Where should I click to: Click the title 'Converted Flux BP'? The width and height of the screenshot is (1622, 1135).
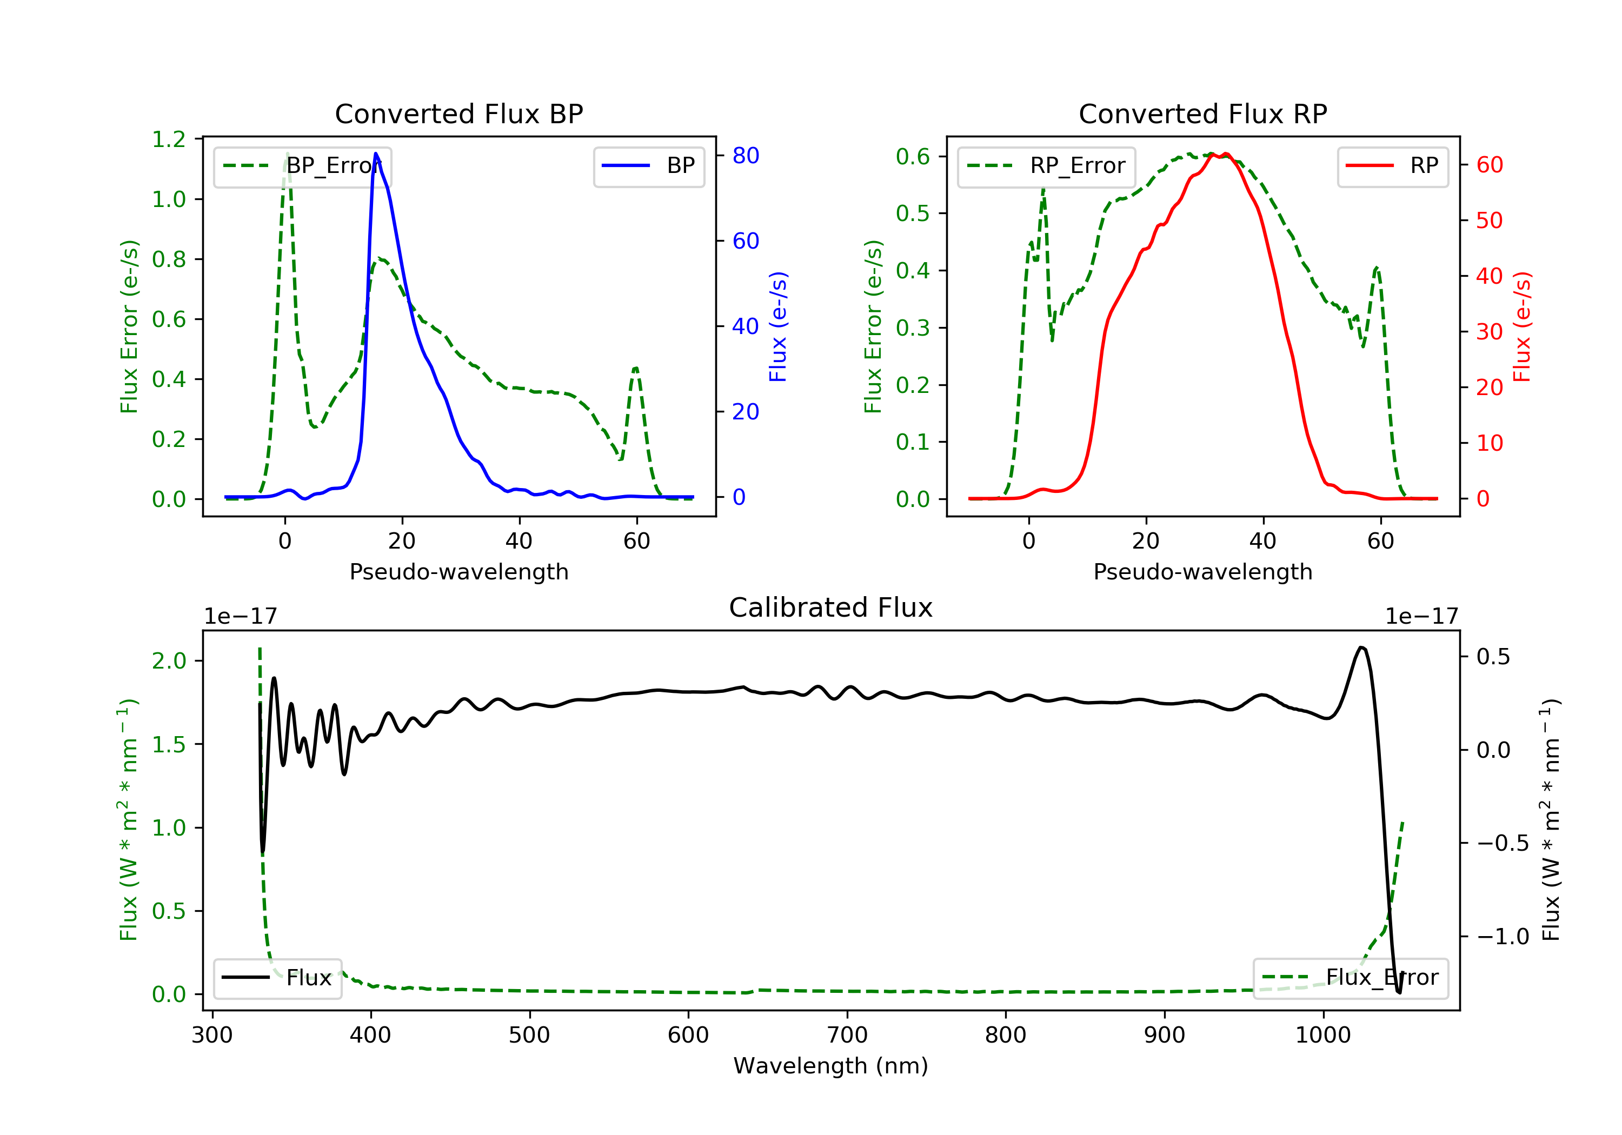458,113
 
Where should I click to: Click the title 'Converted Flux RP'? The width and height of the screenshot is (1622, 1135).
1202,113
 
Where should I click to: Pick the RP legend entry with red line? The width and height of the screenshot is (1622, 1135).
1392,166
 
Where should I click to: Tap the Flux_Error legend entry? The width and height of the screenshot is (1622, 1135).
1350,978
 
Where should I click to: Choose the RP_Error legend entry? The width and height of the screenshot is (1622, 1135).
1046,166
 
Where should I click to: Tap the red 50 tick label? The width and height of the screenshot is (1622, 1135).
1489,221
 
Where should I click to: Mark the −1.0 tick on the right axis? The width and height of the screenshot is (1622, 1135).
1503,937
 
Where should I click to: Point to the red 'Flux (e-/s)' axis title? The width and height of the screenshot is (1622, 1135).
1521,326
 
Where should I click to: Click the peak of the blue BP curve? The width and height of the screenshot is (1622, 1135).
376,153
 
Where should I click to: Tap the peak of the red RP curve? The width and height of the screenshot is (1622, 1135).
1226,154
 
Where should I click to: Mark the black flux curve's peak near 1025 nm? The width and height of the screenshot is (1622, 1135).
1361,647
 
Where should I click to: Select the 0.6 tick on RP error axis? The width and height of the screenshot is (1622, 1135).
913,157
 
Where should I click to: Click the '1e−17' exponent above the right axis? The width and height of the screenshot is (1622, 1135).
1421,617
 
